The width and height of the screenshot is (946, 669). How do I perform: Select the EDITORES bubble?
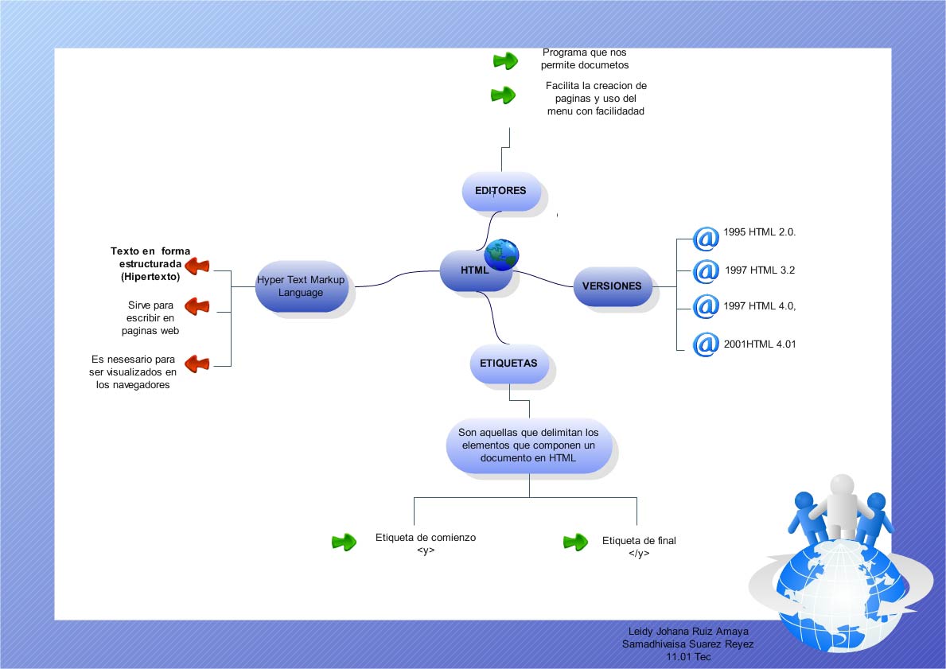click(x=501, y=192)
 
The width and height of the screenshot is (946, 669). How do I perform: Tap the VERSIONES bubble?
click(x=612, y=286)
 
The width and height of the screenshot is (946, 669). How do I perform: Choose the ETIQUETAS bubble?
click(x=508, y=364)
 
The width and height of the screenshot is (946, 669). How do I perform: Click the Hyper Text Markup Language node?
click(x=301, y=286)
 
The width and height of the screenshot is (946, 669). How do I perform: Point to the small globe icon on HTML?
click(x=501, y=255)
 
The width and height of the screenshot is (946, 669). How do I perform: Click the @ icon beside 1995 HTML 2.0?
click(x=705, y=237)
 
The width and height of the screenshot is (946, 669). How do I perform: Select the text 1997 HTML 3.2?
click(x=760, y=270)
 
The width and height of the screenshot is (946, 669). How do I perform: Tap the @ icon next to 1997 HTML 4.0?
click(x=705, y=306)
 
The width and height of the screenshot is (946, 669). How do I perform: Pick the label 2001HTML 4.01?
click(x=760, y=344)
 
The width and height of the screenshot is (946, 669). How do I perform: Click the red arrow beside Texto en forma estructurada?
click(x=197, y=266)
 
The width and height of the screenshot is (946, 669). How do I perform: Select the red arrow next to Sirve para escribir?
click(x=197, y=305)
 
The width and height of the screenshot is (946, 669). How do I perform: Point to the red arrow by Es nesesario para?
click(x=197, y=364)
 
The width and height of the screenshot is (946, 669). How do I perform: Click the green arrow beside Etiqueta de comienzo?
click(x=344, y=543)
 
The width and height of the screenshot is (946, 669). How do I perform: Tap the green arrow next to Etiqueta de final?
click(x=574, y=543)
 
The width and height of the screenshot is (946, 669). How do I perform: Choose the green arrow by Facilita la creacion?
click(x=503, y=96)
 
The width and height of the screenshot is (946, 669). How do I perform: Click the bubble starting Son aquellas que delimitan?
click(x=528, y=445)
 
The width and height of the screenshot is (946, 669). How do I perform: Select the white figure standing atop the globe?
click(x=842, y=505)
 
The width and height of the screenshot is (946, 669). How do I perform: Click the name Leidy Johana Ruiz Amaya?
click(x=688, y=632)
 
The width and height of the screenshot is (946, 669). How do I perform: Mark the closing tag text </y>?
click(x=638, y=554)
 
